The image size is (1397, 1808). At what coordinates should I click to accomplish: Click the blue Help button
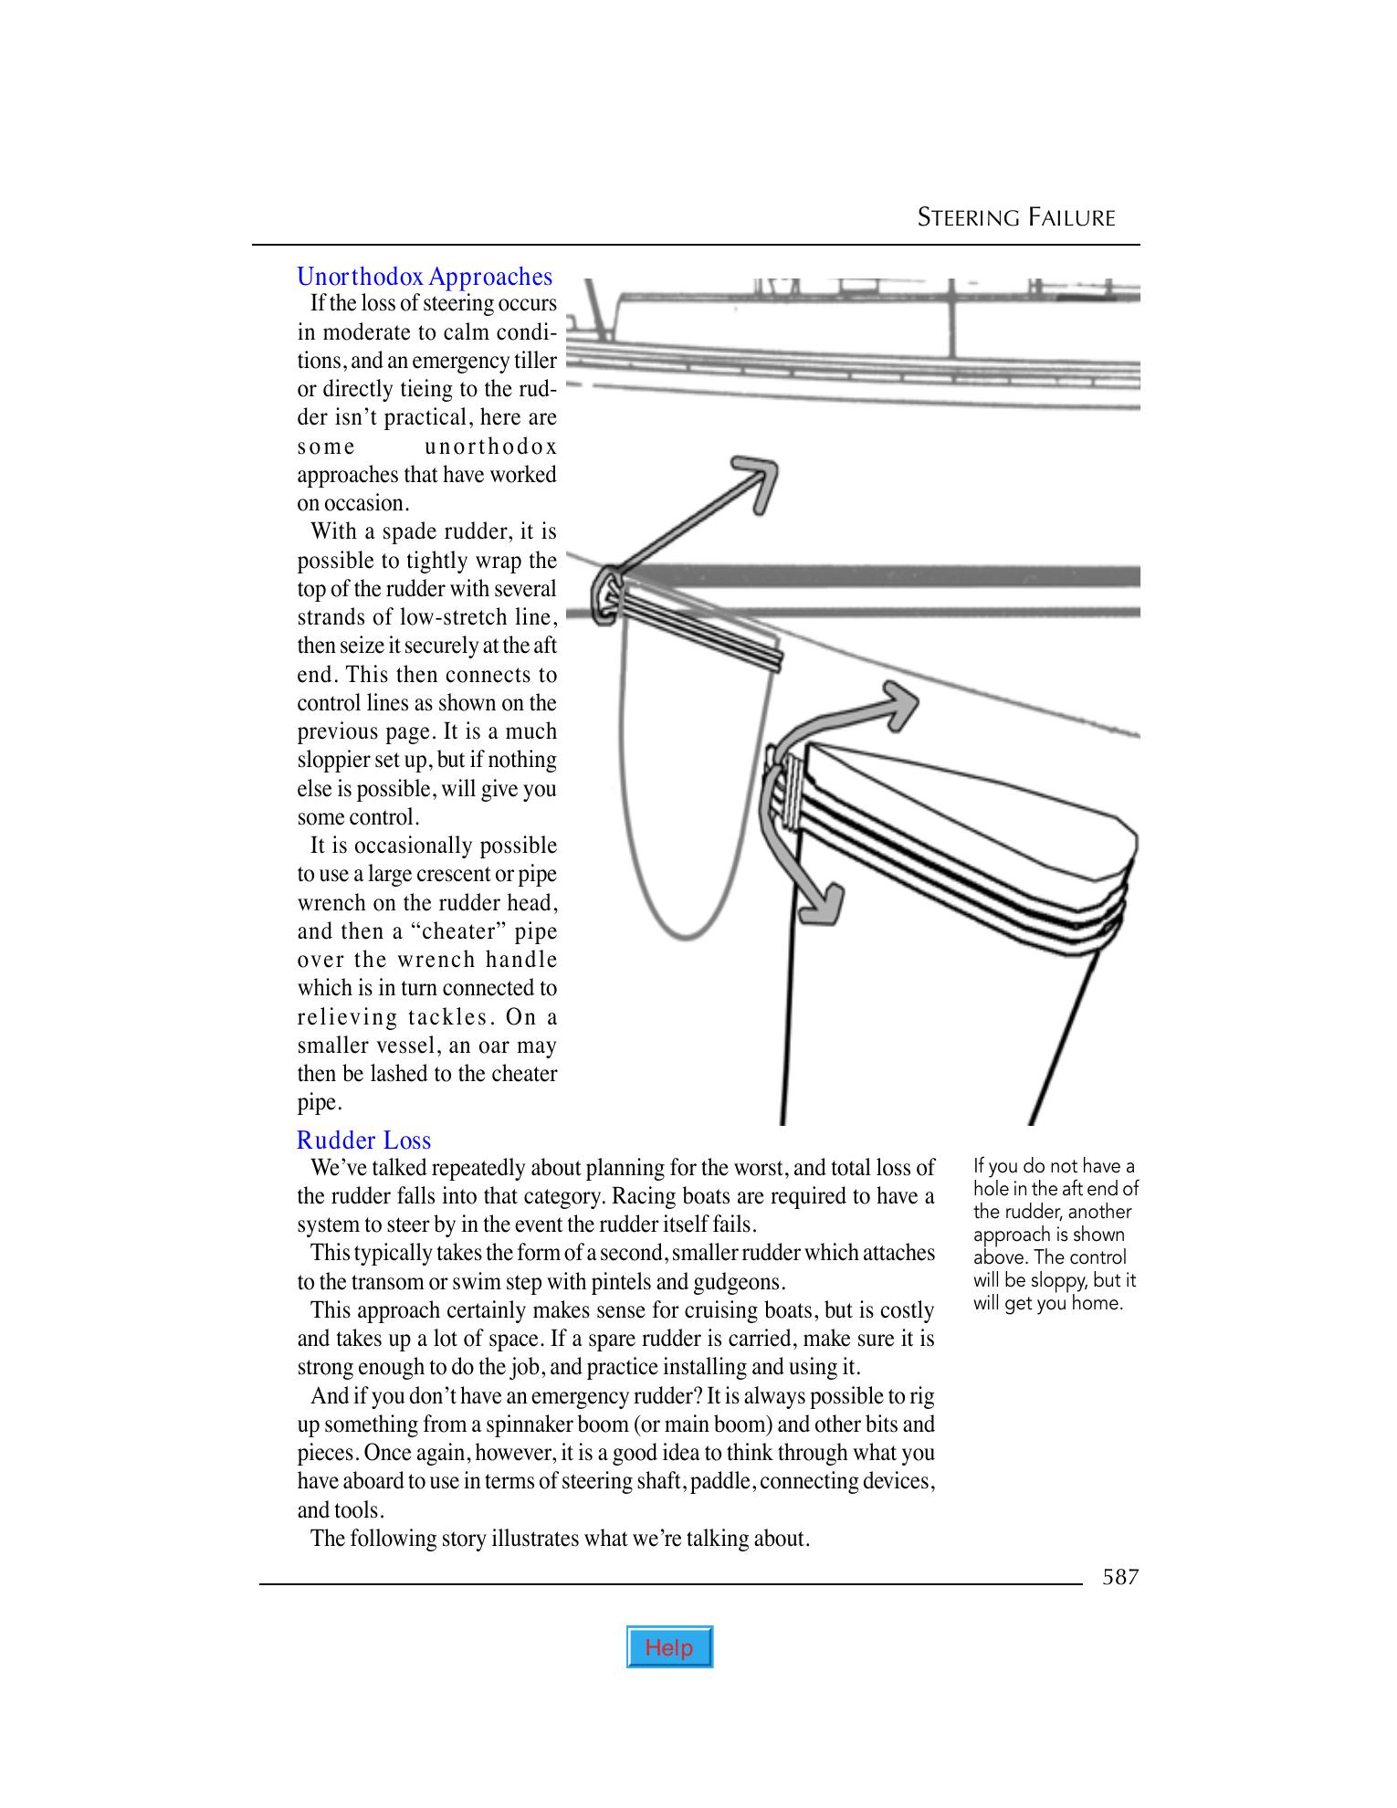pos(669,1646)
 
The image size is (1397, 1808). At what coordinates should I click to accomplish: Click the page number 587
pos(1120,1577)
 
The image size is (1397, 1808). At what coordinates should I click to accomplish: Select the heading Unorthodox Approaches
pos(425,277)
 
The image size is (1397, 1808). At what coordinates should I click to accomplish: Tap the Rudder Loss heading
pos(363,1141)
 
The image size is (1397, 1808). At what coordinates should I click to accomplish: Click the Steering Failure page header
pos(1016,217)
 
